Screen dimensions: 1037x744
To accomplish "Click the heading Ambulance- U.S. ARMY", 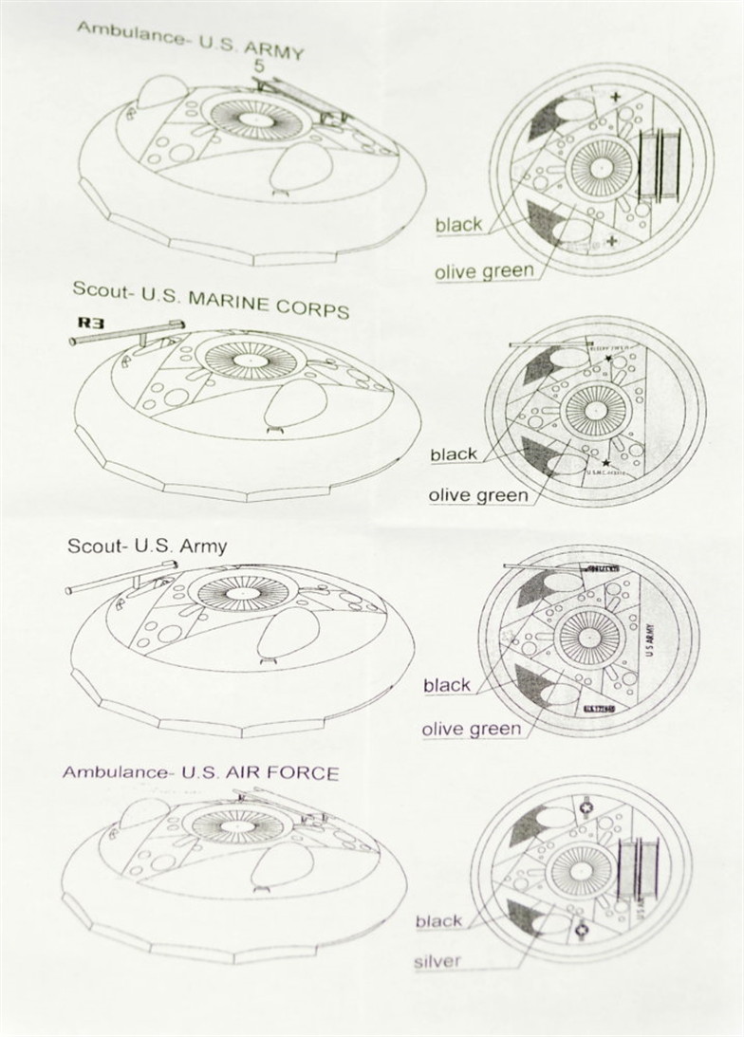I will coord(190,40).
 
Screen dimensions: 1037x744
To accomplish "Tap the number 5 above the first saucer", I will coord(259,66).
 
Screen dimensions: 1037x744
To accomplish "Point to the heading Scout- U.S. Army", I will coord(147,547).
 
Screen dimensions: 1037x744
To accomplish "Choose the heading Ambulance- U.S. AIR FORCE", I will coord(200,772).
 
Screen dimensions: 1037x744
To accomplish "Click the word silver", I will coord(437,961).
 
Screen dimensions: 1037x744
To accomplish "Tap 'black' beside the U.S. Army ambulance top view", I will coord(458,225).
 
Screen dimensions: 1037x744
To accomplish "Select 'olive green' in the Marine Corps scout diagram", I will coord(478,495).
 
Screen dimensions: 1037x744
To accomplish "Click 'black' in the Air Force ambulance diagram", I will coord(438,921).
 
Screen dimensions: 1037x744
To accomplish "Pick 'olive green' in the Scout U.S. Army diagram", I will coord(472,729).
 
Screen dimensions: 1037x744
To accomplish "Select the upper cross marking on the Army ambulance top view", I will coord(618,97).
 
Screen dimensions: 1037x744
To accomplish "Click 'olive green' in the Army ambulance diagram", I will coord(484,272).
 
